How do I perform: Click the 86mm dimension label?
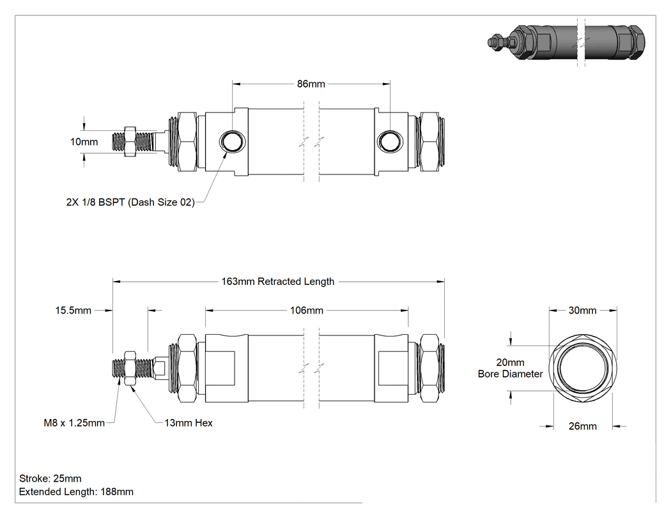click(x=311, y=84)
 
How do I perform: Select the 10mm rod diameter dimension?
click(x=84, y=142)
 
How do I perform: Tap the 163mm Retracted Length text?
click(x=278, y=282)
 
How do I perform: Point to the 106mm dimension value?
click(x=306, y=310)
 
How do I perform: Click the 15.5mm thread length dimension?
click(x=73, y=310)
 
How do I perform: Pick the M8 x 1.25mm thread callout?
click(x=74, y=423)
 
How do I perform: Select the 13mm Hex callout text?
click(x=189, y=423)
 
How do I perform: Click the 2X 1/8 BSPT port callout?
click(x=130, y=202)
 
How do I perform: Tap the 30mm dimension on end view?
click(x=582, y=310)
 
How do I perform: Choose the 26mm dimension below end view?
click(x=582, y=426)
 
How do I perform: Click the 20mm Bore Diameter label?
click(x=510, y=368)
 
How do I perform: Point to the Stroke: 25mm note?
click(x=50, y=478)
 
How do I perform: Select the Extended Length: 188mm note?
click(x=76, y=492)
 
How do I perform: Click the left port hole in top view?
click(x=233, y=141)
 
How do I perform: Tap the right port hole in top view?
click(x=389, y=141)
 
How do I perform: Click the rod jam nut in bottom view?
click(x=130, y=368)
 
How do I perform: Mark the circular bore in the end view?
click(x=582, y=367)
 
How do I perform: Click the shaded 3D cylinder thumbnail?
click(x=566, y=42)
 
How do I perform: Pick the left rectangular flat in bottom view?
click(x=220, y=368)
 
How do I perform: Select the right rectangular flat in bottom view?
click(x=391, y=368)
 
